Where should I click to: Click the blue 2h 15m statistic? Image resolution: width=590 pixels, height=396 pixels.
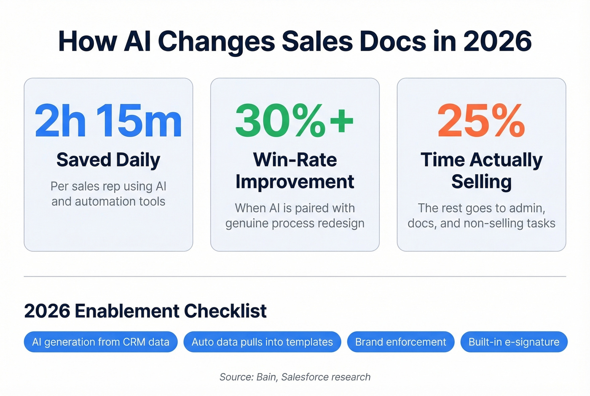108,121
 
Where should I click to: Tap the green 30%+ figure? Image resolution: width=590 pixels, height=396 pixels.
294,121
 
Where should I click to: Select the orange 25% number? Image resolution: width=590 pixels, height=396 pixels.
481,121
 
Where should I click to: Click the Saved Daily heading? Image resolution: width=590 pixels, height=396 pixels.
108,160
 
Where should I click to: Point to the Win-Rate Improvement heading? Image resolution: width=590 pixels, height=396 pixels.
295,171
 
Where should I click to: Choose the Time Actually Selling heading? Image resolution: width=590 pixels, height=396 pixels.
481,171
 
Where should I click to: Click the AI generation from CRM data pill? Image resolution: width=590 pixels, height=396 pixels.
101,342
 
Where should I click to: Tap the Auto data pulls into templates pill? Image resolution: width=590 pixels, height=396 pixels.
262,342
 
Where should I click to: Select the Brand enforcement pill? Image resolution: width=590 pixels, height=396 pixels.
400,342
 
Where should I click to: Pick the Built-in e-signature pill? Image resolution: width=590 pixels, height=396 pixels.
514,342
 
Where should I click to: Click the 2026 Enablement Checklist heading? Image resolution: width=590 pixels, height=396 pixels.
145,311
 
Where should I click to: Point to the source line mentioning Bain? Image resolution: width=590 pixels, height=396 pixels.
295,377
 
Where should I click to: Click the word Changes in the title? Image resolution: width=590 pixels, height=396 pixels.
216,41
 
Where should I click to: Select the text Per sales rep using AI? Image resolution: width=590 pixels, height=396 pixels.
108,186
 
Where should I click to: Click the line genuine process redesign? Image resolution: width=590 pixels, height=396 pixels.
295,223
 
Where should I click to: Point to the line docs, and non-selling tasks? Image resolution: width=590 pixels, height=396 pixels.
481,223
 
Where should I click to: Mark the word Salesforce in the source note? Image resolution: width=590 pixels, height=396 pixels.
309,377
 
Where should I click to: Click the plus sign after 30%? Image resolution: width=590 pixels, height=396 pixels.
342,121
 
